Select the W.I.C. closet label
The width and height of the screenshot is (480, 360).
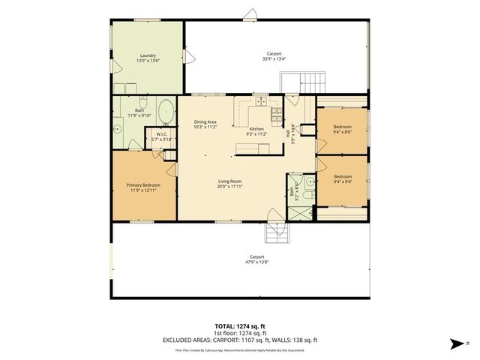162,135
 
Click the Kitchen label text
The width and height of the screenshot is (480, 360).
256,130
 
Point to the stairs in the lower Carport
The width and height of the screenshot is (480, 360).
276,235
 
